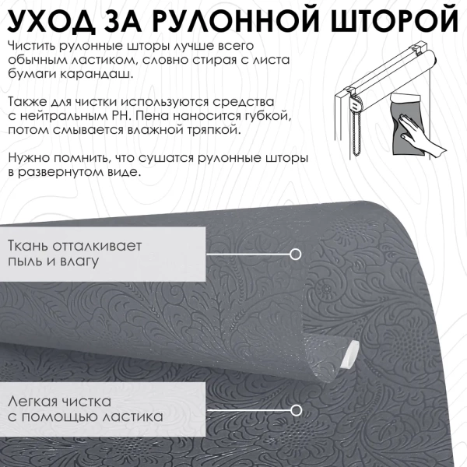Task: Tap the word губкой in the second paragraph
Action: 272,116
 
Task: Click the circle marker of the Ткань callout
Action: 295,254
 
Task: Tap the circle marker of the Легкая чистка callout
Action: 295,409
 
